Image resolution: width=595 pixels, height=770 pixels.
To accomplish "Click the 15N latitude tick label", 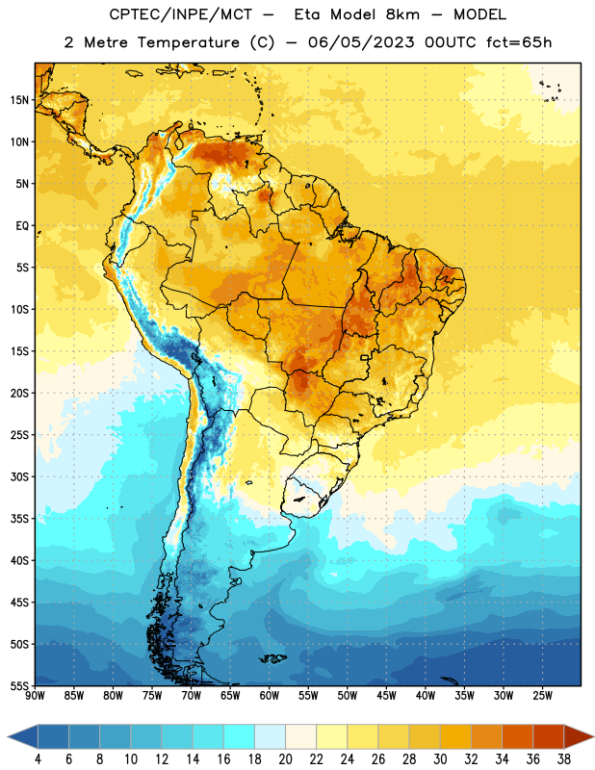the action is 19,100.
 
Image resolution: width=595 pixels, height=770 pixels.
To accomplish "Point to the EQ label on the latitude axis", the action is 22,226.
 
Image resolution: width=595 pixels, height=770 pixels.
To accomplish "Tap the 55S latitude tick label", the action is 19,685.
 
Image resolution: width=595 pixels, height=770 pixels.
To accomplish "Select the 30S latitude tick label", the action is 19,476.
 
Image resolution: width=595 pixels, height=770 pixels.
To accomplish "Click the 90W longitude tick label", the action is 35,695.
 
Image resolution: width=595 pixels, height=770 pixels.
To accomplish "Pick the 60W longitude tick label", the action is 270,695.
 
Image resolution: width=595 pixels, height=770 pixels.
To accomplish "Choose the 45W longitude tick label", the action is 386,695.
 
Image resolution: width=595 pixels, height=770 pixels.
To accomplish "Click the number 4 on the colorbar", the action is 38,759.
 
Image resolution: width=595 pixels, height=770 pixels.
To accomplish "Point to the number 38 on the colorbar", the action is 563,759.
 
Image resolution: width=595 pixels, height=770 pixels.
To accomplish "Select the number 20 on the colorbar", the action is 285,759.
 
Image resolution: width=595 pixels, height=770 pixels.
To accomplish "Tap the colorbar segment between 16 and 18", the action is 240,736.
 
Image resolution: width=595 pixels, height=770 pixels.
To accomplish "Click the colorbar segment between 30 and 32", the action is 455,736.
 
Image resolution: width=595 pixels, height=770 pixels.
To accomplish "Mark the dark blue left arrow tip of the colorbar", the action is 9,736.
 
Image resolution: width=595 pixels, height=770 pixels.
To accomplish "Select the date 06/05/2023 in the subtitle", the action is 361,42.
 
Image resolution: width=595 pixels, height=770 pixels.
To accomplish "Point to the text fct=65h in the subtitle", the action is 519,42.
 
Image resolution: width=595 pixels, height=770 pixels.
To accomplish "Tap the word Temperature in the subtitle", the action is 188,42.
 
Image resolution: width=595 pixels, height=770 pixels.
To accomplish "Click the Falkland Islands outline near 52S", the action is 272,658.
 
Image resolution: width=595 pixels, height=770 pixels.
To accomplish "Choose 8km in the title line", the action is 402,14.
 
